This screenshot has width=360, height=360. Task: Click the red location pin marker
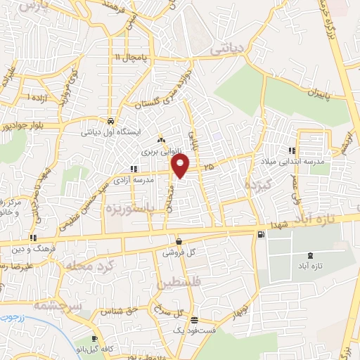(x=181, y=166)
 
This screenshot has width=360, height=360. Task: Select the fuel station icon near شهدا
(x=262, y=233)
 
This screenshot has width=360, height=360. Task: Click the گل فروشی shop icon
(x=179, y=240)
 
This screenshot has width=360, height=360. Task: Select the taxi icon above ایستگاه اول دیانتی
(x=108, y=120)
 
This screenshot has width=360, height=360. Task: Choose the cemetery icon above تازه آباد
(x=311, y=255)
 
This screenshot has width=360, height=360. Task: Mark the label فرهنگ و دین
(x=30, y=249)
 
